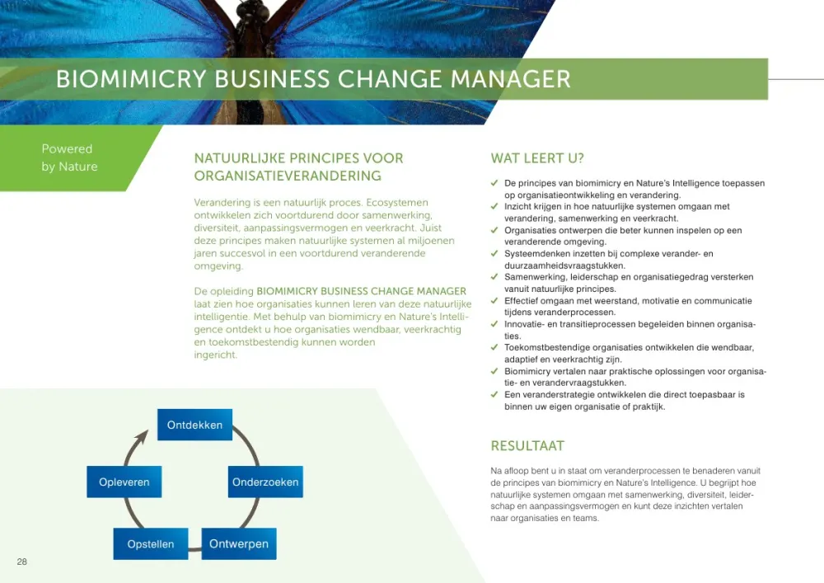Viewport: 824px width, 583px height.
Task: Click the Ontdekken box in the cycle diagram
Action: pos(194,425)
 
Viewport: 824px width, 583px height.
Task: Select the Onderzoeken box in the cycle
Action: pos(265,482)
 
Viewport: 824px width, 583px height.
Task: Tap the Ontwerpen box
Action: pos(239,543)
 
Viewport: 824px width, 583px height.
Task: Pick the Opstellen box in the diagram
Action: pos(150,543)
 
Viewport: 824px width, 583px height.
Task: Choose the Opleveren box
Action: pos(124,482)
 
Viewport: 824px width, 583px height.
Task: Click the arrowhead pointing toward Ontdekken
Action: pos(142,437)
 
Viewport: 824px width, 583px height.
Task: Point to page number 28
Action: pos(21,562)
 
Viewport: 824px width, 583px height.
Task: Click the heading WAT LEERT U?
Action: pos(537,158)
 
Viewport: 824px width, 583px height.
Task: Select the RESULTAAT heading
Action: pos(527,446)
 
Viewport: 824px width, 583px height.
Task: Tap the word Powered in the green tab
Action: pos(67,148)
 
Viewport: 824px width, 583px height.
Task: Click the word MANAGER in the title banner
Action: pos(510,79)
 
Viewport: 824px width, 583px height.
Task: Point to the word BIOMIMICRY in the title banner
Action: pos(131,79)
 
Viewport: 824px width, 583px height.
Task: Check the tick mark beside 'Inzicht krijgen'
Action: pos(494,206)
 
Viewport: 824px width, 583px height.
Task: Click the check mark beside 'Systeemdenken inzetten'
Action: pos(494,253)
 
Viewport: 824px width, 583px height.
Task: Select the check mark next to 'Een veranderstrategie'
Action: pos(494,393)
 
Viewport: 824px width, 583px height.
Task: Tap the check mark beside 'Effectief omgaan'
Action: pos(494,300)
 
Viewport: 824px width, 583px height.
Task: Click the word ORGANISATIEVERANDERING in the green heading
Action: pos(288,176)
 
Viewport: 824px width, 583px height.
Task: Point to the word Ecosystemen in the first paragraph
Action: pos(397,202)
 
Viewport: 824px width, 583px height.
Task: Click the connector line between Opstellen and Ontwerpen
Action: pos(195,549)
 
